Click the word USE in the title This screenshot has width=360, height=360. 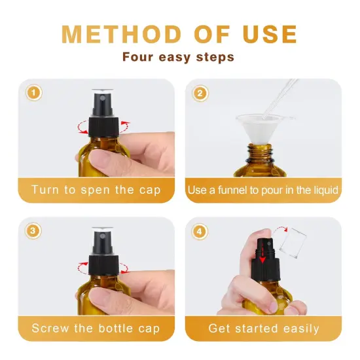[266, 34]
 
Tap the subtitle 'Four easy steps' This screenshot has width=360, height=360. [178, 57]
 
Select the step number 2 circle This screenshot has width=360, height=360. [198, 93]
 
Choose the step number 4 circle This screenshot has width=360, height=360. [198, 231]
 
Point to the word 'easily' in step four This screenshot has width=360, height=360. [298, 328]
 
